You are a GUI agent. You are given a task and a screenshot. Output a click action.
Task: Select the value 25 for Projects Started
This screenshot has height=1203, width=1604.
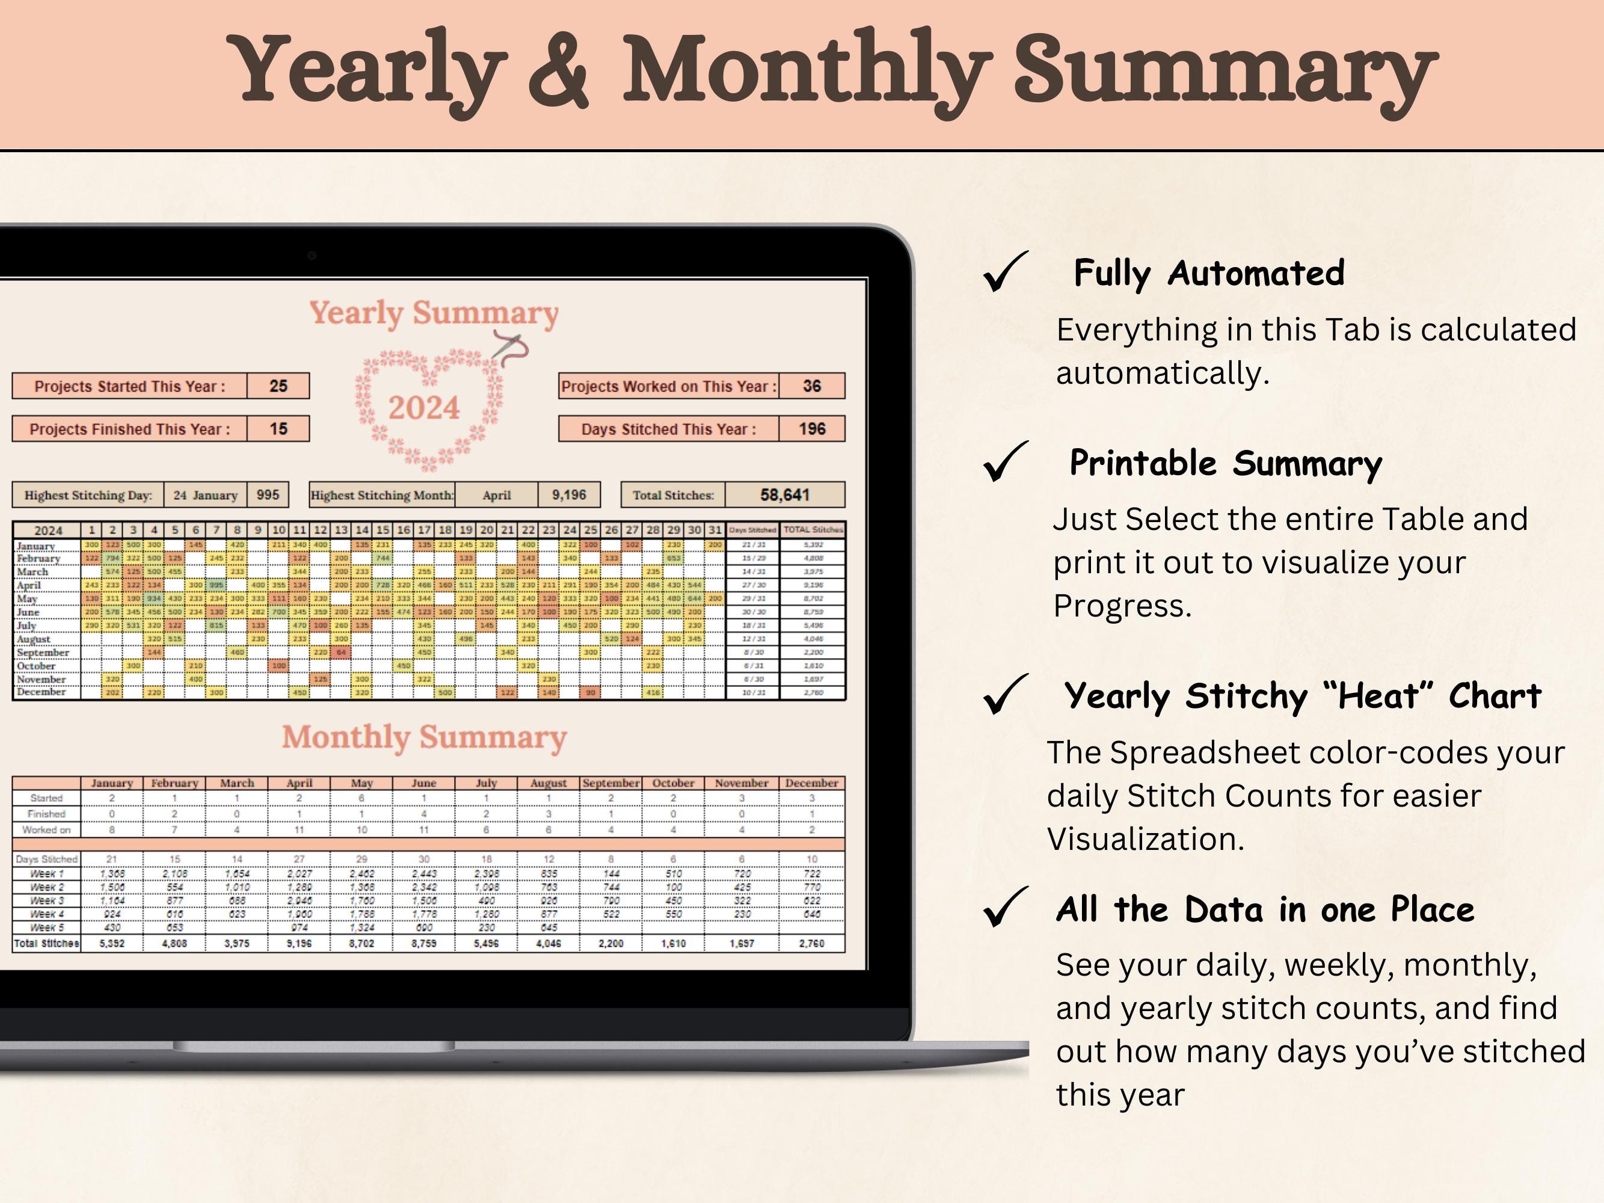(278, 386)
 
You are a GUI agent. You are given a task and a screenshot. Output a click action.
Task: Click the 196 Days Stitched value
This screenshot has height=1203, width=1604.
(812, 428)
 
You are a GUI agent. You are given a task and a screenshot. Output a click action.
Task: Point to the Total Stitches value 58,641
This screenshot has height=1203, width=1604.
(785, 494)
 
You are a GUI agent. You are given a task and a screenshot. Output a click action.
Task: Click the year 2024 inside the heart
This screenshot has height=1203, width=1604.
(423, 408)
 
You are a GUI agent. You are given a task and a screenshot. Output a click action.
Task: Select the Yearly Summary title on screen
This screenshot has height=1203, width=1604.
(434, 313)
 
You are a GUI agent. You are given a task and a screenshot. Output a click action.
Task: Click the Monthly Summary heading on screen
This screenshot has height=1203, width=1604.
(424, 737)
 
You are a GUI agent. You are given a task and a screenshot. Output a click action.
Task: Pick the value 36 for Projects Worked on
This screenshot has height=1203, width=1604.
(812, 386)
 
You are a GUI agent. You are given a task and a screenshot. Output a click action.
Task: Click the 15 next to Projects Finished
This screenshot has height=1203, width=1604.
(278, 428)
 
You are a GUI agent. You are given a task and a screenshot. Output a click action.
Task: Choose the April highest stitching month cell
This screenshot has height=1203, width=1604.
(497, 495)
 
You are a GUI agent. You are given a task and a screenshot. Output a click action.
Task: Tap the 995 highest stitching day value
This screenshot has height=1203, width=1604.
(268, 494)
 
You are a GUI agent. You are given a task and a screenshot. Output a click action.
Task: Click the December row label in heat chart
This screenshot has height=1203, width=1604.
(41, 692)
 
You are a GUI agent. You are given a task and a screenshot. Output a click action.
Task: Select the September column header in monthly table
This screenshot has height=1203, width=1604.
(610, 783)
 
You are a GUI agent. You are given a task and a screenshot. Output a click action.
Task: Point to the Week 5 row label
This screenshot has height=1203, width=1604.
(47, 928)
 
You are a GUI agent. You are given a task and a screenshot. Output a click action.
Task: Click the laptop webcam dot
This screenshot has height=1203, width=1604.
(312, 255)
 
